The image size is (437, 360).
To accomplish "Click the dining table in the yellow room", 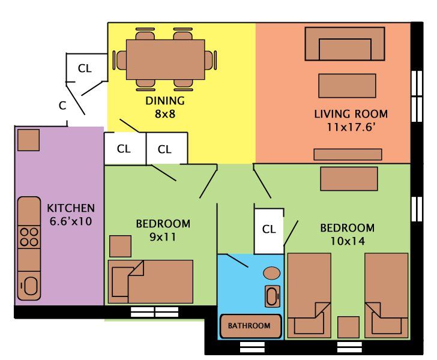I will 165,60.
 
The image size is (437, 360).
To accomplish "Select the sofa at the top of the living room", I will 345,44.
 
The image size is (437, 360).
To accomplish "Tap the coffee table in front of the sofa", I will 347,85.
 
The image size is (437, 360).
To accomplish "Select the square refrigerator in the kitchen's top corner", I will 28,140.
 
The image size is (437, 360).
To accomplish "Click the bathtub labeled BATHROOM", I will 250,326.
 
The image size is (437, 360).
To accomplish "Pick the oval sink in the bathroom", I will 272,273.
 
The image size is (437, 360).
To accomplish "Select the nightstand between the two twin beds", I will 348,327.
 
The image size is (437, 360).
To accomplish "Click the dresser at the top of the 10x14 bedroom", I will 349,178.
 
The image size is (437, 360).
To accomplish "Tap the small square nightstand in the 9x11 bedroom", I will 120,246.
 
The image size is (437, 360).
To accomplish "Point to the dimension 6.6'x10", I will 71,221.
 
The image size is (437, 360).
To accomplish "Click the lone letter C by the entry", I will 62,106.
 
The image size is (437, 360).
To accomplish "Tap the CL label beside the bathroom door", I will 269,229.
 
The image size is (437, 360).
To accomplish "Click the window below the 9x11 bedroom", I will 155,312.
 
